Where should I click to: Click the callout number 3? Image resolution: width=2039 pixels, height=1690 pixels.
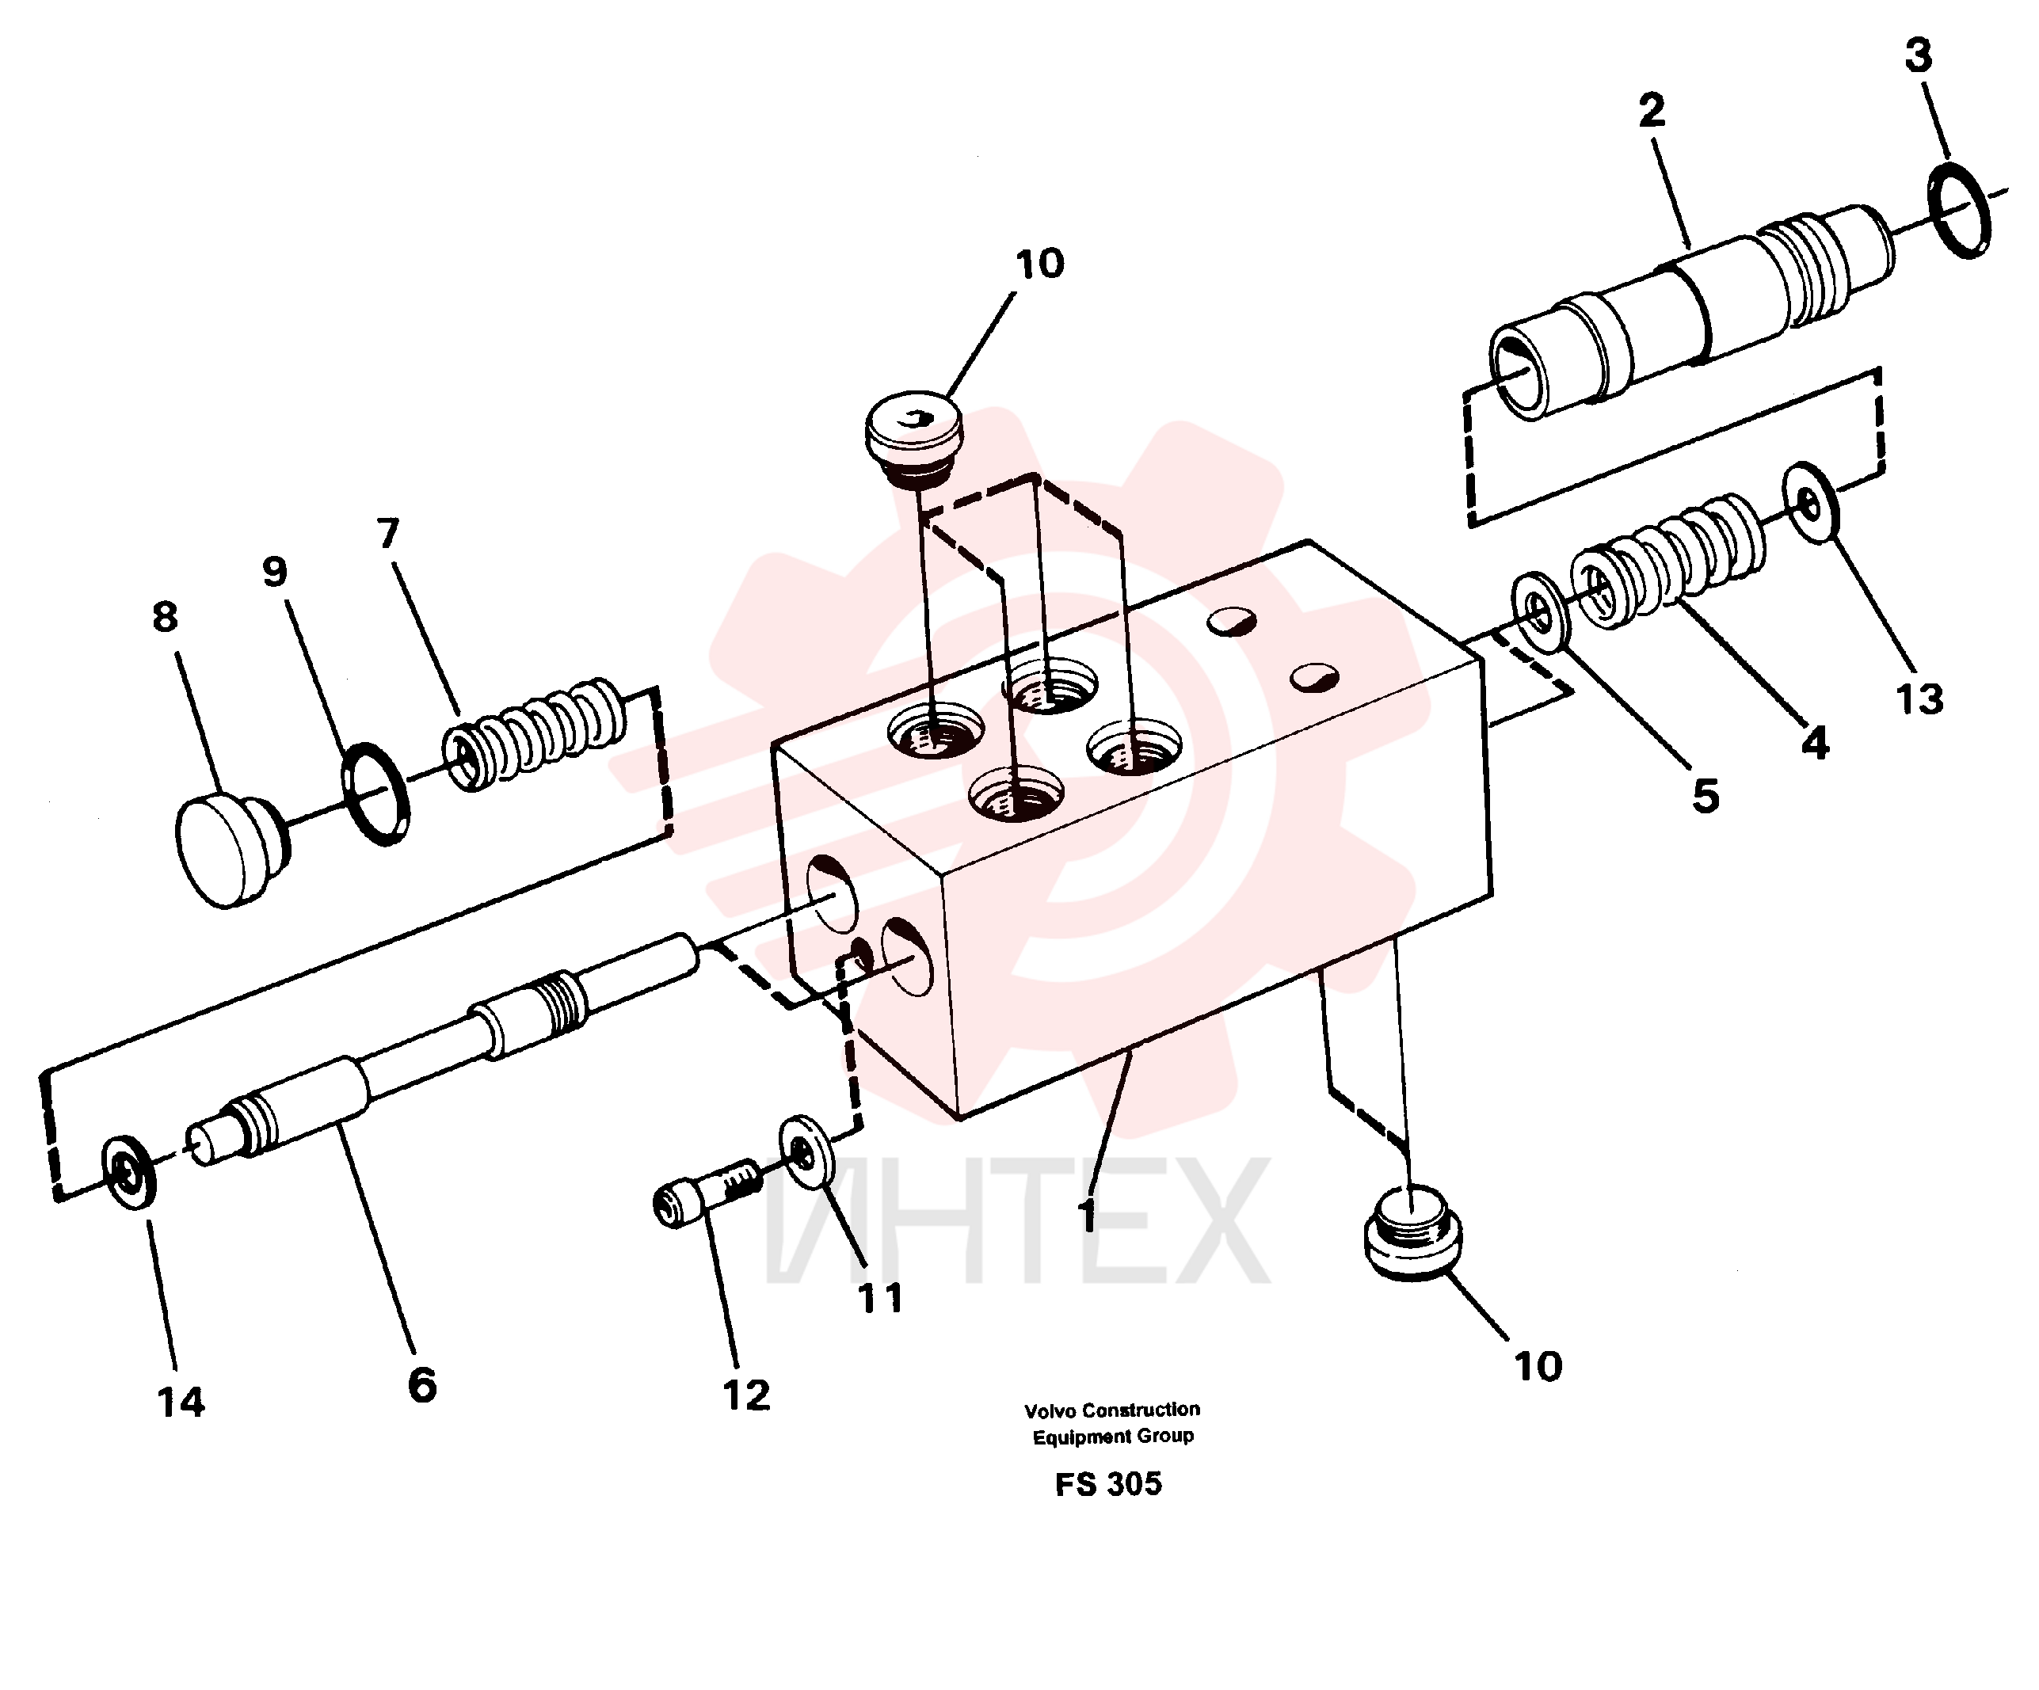click(x=1918, y=56)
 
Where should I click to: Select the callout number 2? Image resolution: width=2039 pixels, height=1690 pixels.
click(x=1652, y=111)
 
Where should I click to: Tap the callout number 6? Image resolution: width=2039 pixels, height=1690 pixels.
click(x=422, y=1385)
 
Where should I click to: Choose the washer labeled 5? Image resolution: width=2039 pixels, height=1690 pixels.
click(x=1542, y=611)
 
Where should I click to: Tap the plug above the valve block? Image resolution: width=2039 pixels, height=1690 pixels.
click(x=913, y=439)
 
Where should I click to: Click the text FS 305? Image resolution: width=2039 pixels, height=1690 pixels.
click(x=1109, y=1483)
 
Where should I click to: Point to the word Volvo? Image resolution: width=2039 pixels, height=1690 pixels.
click(x=1050, y=1410)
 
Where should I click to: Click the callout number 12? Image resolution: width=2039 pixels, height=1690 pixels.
click(x=745, y=1395)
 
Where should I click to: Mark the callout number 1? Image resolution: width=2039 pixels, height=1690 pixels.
click(x=1088, y=1213)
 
